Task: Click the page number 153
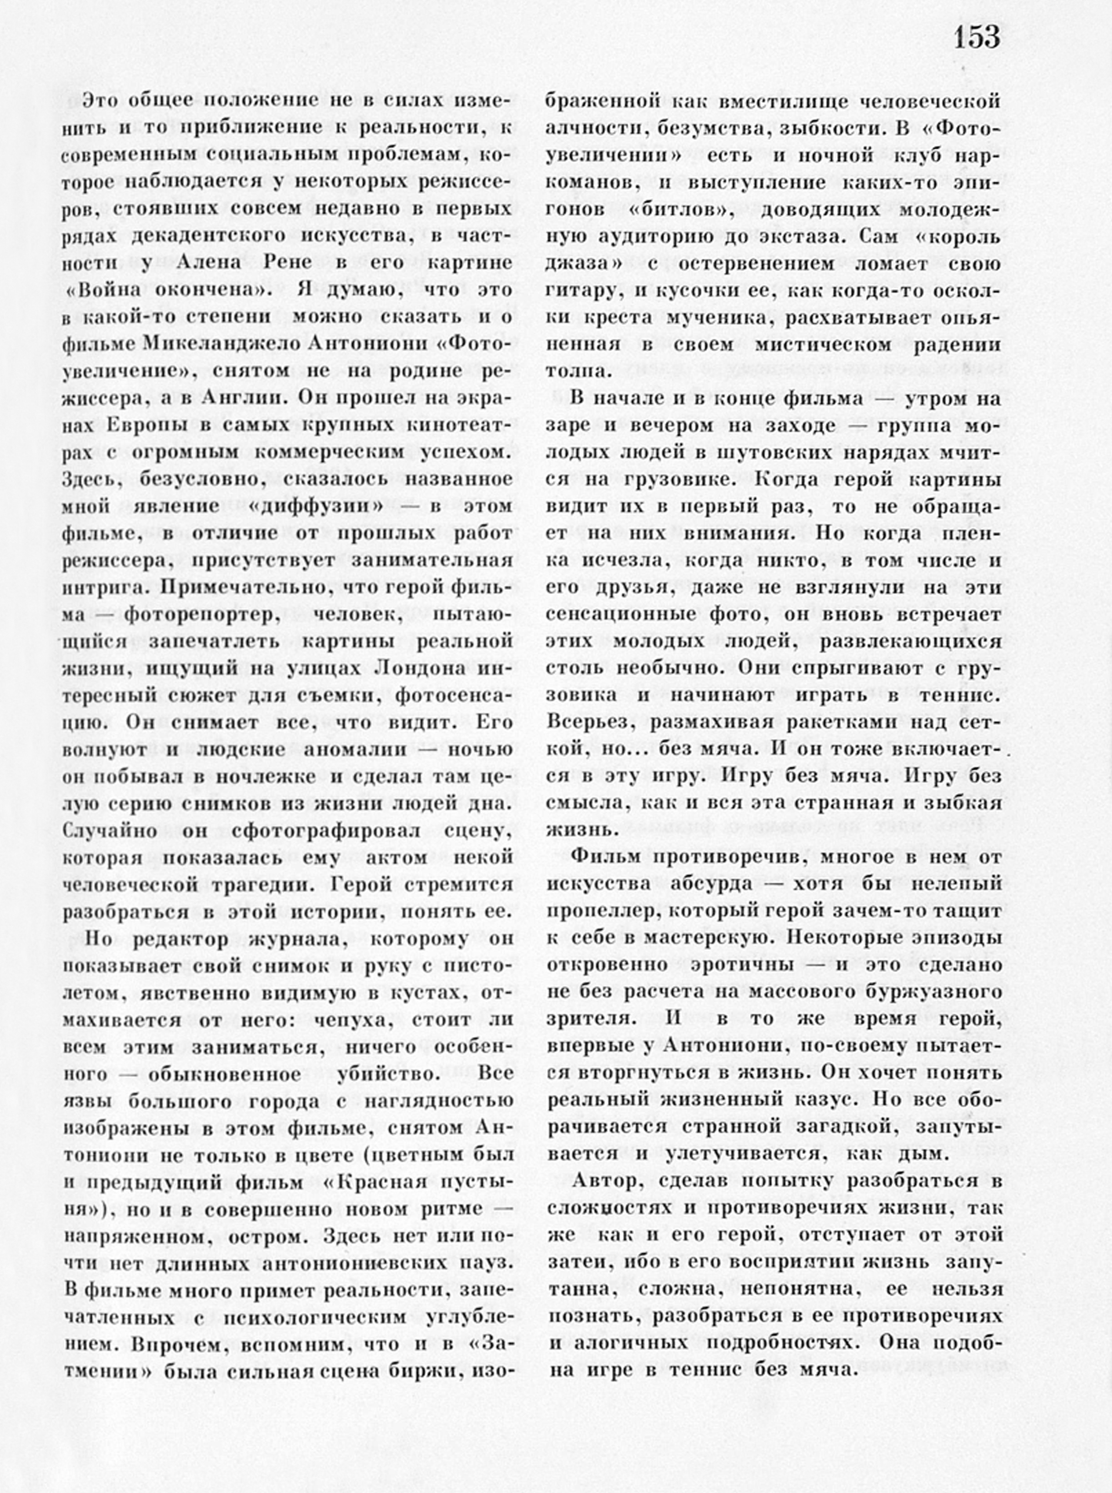click(977, 36)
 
